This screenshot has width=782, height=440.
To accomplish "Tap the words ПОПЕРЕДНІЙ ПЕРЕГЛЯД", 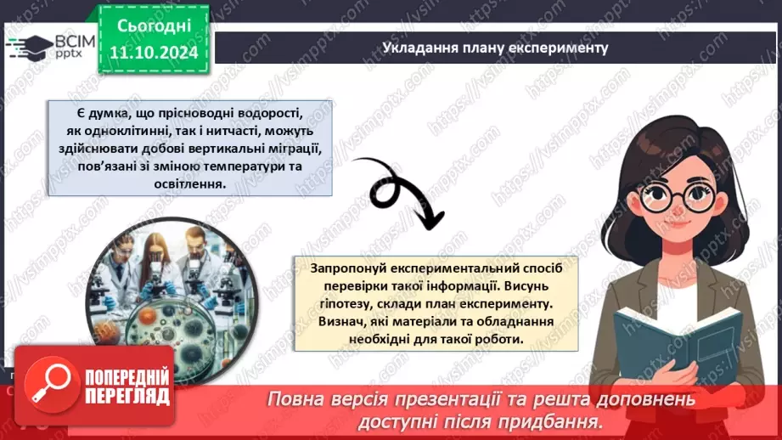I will point(127,386).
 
